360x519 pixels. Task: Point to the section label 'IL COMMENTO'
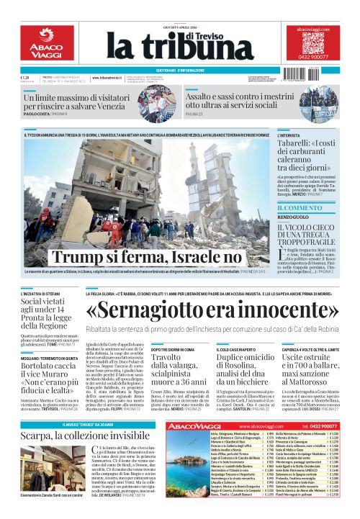(x=300, y=208)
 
